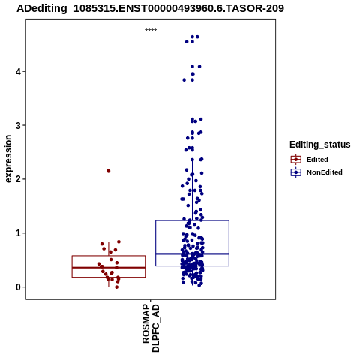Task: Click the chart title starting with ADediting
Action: pyautogui.click(x=150, y=8)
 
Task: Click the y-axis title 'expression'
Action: pyautogui.click(x=8, y=159)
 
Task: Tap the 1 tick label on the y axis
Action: pyautogui.click(x=18, y=233)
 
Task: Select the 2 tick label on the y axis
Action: pyautogui.click(x=18, y=179)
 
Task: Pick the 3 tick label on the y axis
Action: pyautogui.click(x=18, y=125)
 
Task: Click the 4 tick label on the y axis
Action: pyautogui.click(x=18, y=72)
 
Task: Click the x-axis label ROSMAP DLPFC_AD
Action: pyautogui.click(x=151, y=328)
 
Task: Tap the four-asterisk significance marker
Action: pyautogui.click(x=151, y=31)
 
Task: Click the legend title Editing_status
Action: pyautogui.click(x=320, y=145)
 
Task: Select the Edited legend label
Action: pyautogui.click(x=317, y=160)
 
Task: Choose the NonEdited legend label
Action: pyautogui.click(x=325, y=172)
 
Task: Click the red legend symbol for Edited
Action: pyautogui.click(x=296, y=159)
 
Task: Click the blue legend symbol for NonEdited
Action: pyautogui.click(x=296, y=172)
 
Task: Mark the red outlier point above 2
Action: pyautogui.click(x=109, y=171)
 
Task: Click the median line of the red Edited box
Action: pyautogui.click(x=109, y=268)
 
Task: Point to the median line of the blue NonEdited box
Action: pyautogui.click(x=192, y=253)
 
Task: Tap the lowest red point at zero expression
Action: pyautogui.click(x=116, y=286)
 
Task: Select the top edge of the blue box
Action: pyautogui.click(x=192, y=220)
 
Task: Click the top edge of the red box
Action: pyautogui.click(x=109, y=256)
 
